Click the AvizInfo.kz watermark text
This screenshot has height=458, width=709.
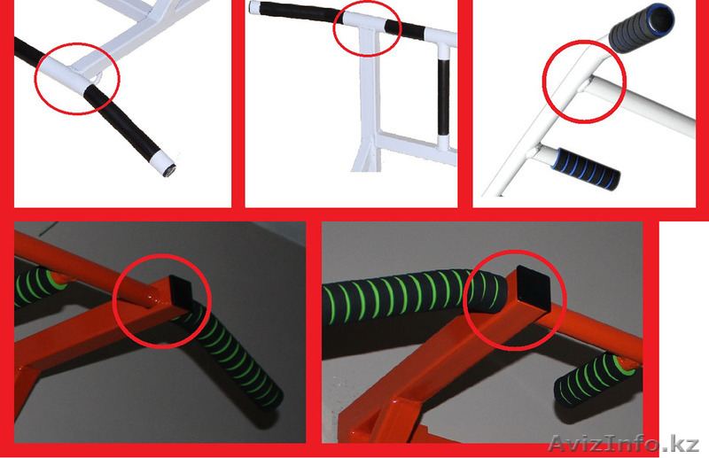[624, 443]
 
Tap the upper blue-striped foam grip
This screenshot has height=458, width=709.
[641, 27]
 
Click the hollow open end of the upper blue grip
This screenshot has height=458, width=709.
[660, 18]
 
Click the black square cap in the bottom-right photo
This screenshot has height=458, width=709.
[534, 289]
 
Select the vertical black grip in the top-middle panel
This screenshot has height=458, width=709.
[444, 97]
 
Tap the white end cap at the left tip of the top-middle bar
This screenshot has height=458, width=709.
[255, 7]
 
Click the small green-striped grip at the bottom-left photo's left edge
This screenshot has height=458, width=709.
[36, 286]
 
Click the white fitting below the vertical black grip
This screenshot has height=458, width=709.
[443, 143]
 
